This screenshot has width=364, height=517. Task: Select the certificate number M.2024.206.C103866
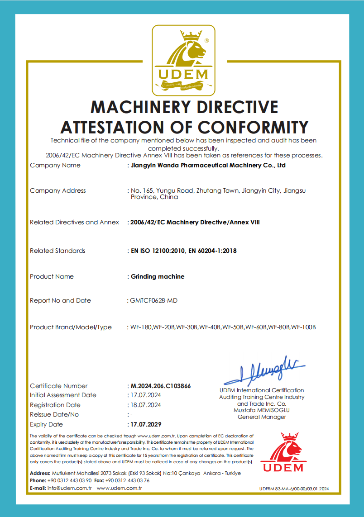(161, 386)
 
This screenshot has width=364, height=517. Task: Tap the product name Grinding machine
(158, 276)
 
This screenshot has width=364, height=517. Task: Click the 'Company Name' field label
(55, 165)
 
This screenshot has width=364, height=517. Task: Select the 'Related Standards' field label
(57, 251)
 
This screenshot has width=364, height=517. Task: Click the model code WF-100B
(303, 327)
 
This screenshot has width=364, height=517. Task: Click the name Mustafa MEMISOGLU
(262, 410)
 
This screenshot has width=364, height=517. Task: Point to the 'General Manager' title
(262, 417)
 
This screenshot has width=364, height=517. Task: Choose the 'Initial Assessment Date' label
(63, 395)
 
